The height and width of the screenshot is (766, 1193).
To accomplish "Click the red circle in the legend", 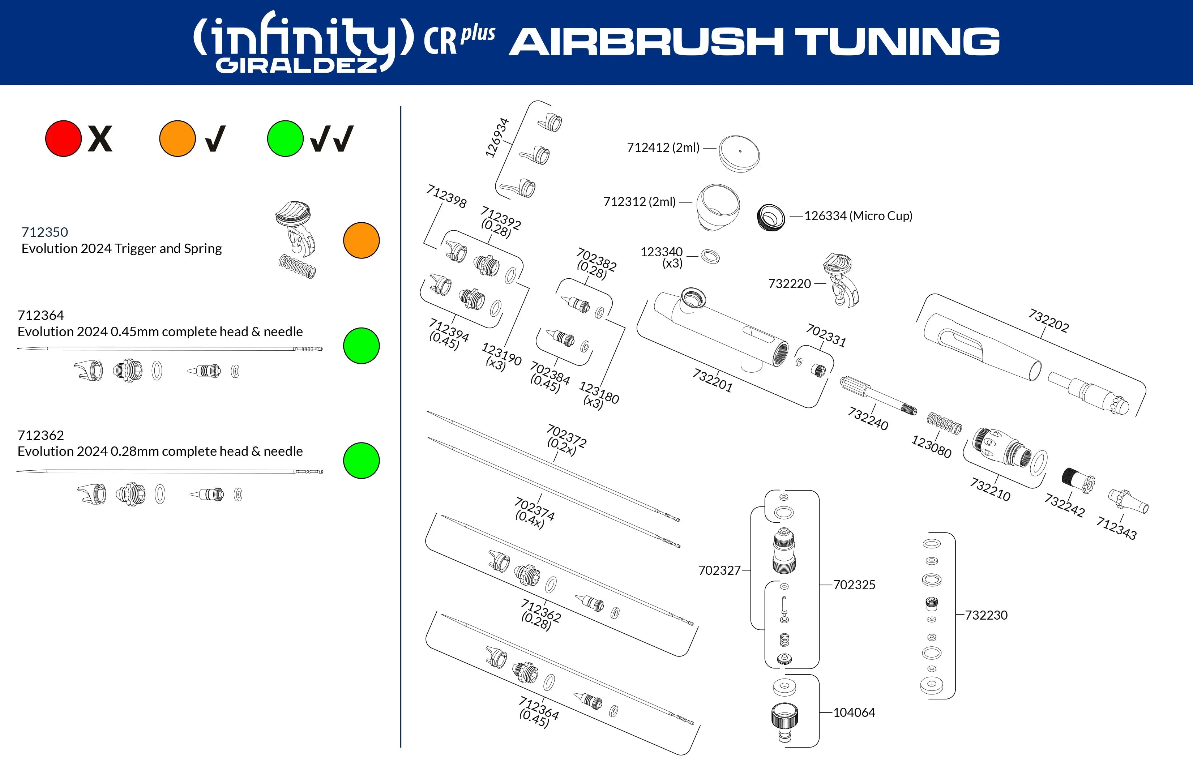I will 63,139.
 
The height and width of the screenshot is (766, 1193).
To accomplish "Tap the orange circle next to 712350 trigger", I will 362,240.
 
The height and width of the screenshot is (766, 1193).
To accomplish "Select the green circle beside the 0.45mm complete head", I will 362,346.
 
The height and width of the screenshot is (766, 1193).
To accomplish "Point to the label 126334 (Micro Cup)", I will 858,216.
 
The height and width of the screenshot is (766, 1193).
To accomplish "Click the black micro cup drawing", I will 770,217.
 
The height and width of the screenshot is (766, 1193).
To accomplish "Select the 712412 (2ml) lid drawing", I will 739,154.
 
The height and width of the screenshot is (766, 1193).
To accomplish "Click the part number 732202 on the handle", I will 1048,321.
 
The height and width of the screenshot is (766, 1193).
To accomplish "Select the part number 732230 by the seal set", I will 986,615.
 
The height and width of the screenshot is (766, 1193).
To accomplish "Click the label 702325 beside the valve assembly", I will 854,585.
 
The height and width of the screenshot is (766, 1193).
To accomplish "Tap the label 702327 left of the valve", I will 719,570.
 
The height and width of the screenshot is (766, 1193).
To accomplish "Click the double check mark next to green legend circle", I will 332,139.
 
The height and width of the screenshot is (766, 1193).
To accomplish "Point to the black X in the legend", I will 100,139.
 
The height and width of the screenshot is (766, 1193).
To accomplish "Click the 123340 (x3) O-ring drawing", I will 710,257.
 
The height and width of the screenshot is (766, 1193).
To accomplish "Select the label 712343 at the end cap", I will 1116,528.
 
